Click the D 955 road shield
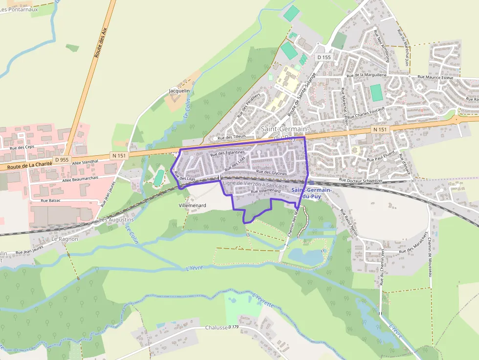click(62, 160)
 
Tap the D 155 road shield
click(324, 57)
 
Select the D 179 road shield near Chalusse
click(233, 327)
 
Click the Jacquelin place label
click(179, 91)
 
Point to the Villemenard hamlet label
click(192, 206)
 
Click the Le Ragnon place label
click(65, 239)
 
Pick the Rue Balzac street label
click(50, 201)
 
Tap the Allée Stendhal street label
click(85, 162)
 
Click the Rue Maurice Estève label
click(435, 78)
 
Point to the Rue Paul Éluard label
click(381, 158)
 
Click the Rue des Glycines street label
click(271, 172)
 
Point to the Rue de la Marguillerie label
click(366, 75)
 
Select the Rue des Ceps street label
click(22, 147)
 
